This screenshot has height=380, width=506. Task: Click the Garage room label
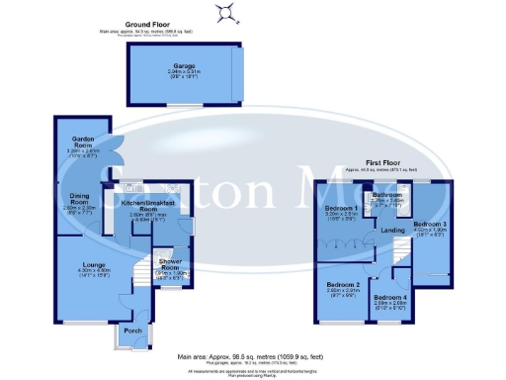[180, 67]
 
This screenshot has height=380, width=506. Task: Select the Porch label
[130, 330]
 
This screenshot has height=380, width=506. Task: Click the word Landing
[392, 232]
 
